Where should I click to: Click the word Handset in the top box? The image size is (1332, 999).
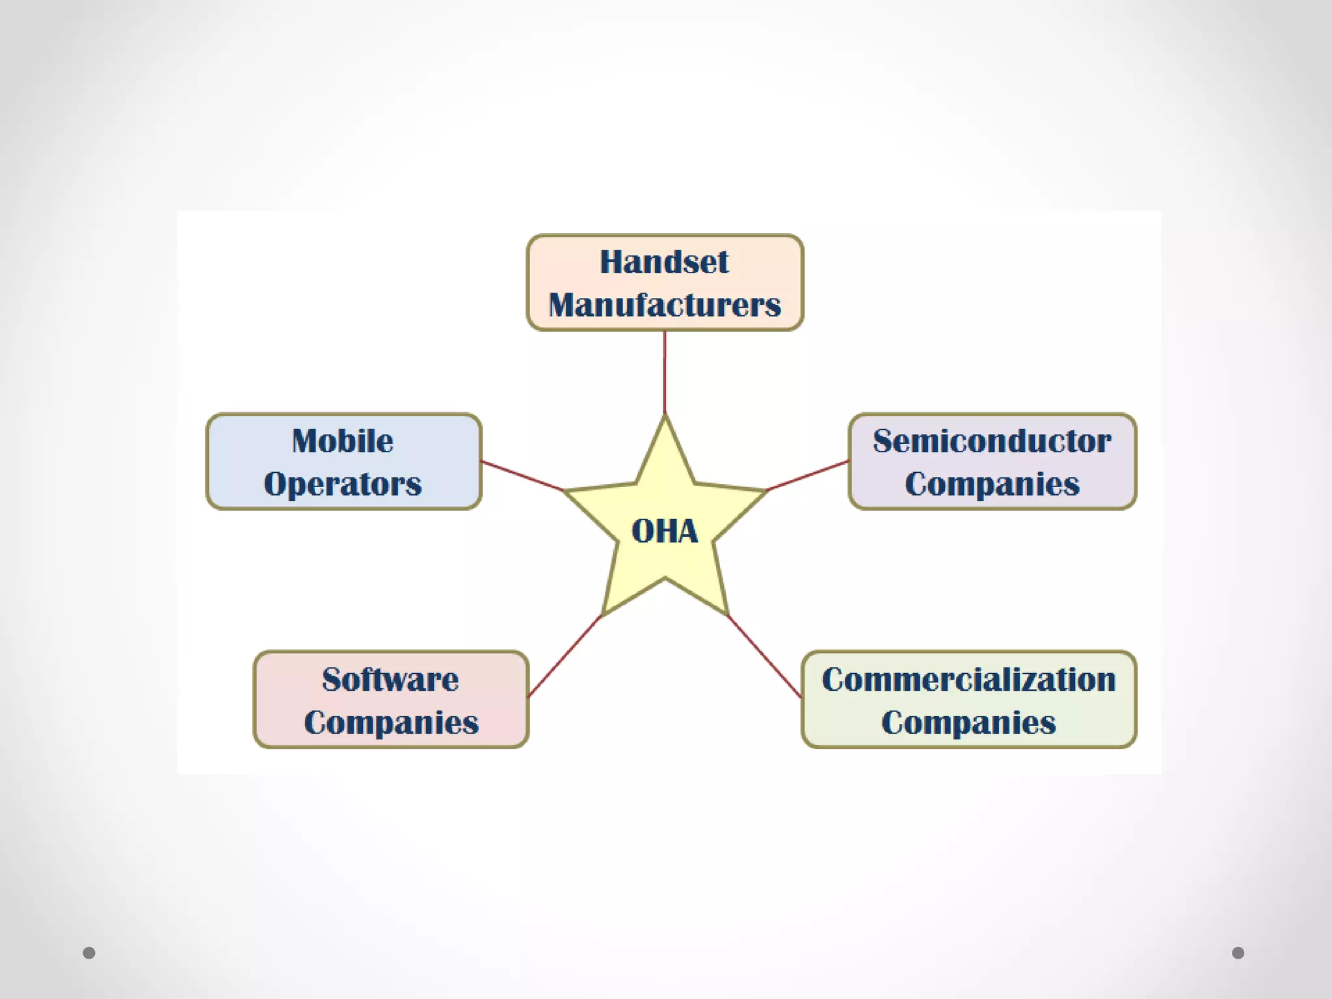click(x=664, y=262)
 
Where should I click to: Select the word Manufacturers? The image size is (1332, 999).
click(x=665, y=305)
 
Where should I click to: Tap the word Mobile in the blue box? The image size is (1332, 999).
click(x=343, y=441)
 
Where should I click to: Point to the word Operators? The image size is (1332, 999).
click(x=343, y=484)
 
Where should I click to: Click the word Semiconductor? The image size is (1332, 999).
click(x=992, y=441)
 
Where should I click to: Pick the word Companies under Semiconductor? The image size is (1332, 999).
click(x=992, y=484)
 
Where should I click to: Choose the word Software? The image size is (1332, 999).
click(x=390, y=680)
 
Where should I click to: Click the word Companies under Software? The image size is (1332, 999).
click(x=391, y=723)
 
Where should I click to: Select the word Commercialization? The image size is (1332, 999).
click(x=968, y=680)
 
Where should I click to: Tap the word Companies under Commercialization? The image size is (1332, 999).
click(x=968, y=723)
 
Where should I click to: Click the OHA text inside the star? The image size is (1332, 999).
click(x=665, y=531)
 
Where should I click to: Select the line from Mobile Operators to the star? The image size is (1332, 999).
click(x=522, y=475)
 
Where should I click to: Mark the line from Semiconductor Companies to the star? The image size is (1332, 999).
click(x=808, y=475)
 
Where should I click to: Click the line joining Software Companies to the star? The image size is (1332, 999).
click(x=565, y=656)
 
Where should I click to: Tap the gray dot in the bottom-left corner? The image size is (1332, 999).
click(x=89, y=953)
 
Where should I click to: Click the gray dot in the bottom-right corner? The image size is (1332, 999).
click(x=1238, y=953)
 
